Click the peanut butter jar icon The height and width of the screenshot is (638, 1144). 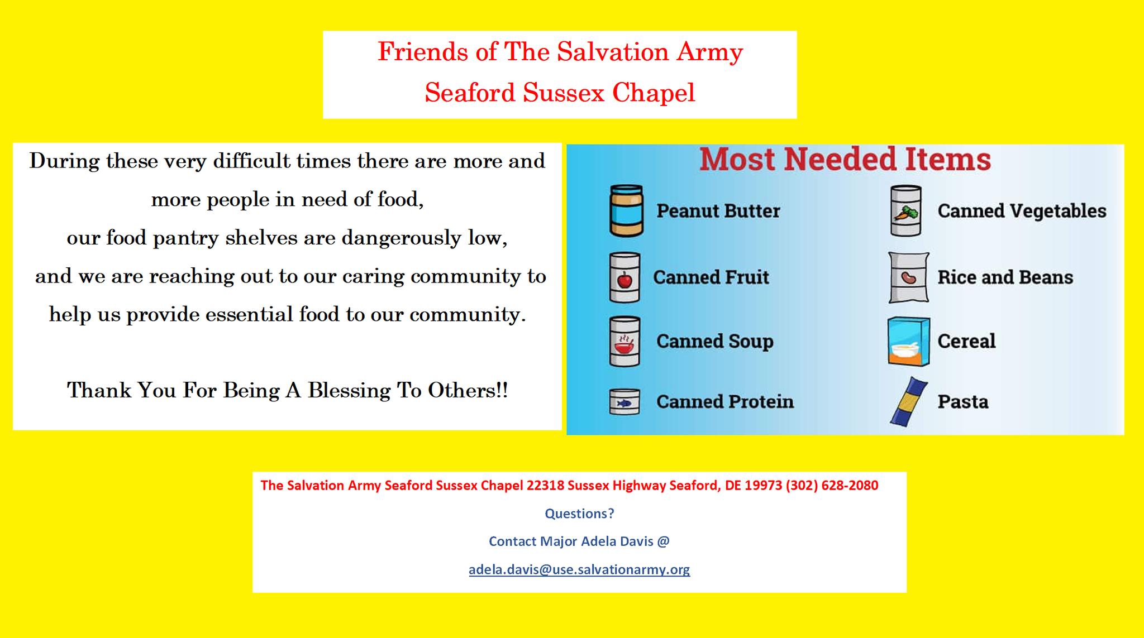pos(626,211)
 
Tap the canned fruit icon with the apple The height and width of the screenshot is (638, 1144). pos(625,277)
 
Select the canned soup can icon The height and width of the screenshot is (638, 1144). pos(625,341)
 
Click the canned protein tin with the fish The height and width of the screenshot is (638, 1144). pos(624,402)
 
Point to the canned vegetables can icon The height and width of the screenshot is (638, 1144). pos(905,211)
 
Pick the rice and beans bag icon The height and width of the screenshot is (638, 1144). pos(909,277)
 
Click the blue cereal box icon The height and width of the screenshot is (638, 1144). pos(909,342)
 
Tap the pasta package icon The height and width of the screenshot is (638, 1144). pos(908,402)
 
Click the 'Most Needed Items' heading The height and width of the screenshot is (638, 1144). pos(845,160)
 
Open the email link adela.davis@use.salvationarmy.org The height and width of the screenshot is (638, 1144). pos(579,569)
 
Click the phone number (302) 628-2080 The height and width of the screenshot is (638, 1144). pos(832,485)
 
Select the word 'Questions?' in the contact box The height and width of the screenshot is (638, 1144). pos(579,514)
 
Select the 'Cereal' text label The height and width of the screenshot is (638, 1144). pos(966,341)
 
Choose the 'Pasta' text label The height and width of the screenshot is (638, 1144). pos(963,402)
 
